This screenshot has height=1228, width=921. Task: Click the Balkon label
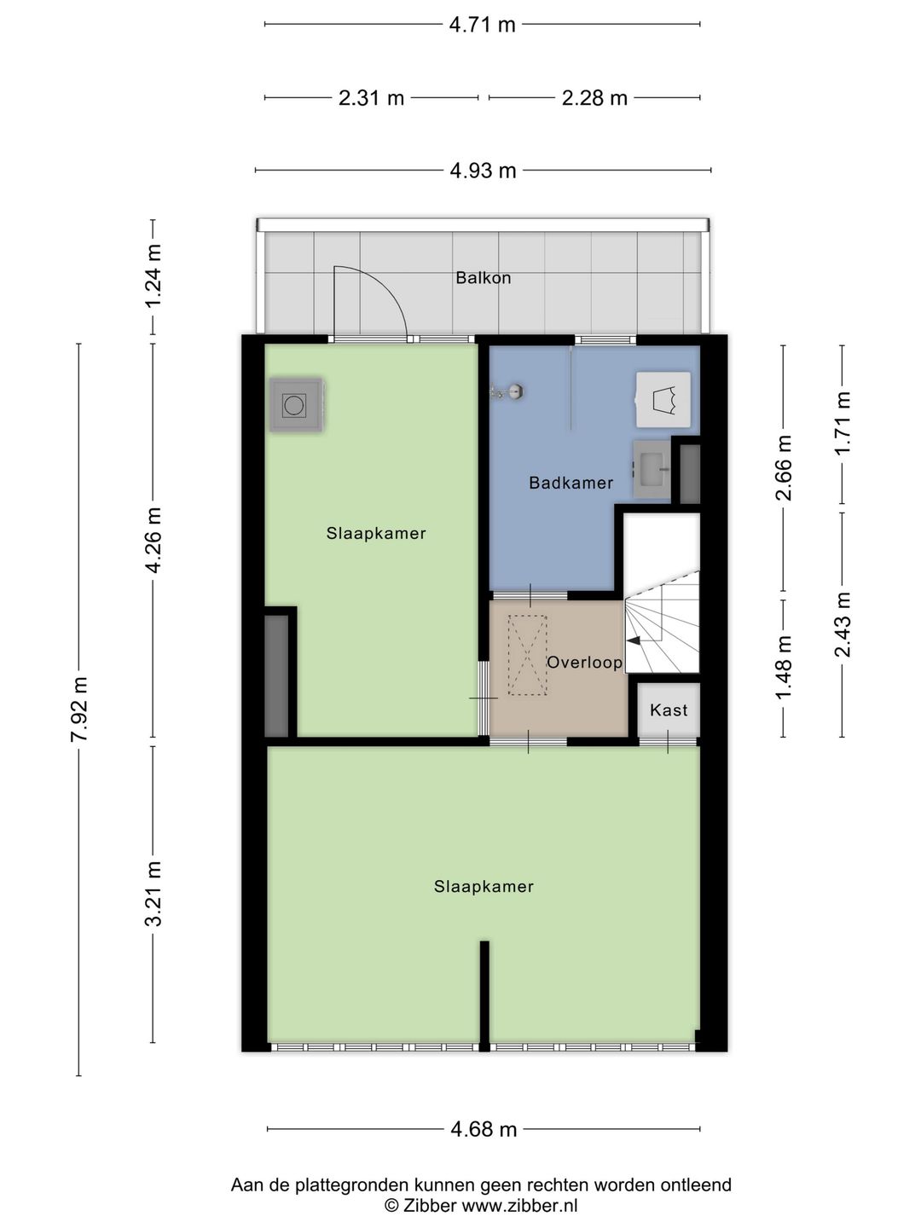click(483, 278)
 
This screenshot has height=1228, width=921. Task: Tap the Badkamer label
click(571, 483)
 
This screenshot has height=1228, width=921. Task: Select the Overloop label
click(584, 663)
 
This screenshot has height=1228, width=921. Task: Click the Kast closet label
click(668, 710)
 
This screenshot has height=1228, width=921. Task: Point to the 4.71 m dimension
click(482, 25)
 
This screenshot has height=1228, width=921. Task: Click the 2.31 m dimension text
click(371, 98)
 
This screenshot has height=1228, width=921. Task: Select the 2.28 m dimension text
click(594, 98)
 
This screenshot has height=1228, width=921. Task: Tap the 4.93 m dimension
click(483, 171)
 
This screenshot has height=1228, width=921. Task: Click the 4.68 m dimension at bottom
click(484, 1130)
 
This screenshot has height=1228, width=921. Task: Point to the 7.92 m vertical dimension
click(78, 710)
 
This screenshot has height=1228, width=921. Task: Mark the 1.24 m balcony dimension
click(153, 276)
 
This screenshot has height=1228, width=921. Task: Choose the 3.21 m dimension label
click(153, 894)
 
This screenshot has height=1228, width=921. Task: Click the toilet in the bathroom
click(663, 399)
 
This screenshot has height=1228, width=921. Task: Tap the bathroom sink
click(653, 468)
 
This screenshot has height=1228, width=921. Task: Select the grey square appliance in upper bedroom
click(295, 404)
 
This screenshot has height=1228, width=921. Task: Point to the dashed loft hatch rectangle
click(526, 656)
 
